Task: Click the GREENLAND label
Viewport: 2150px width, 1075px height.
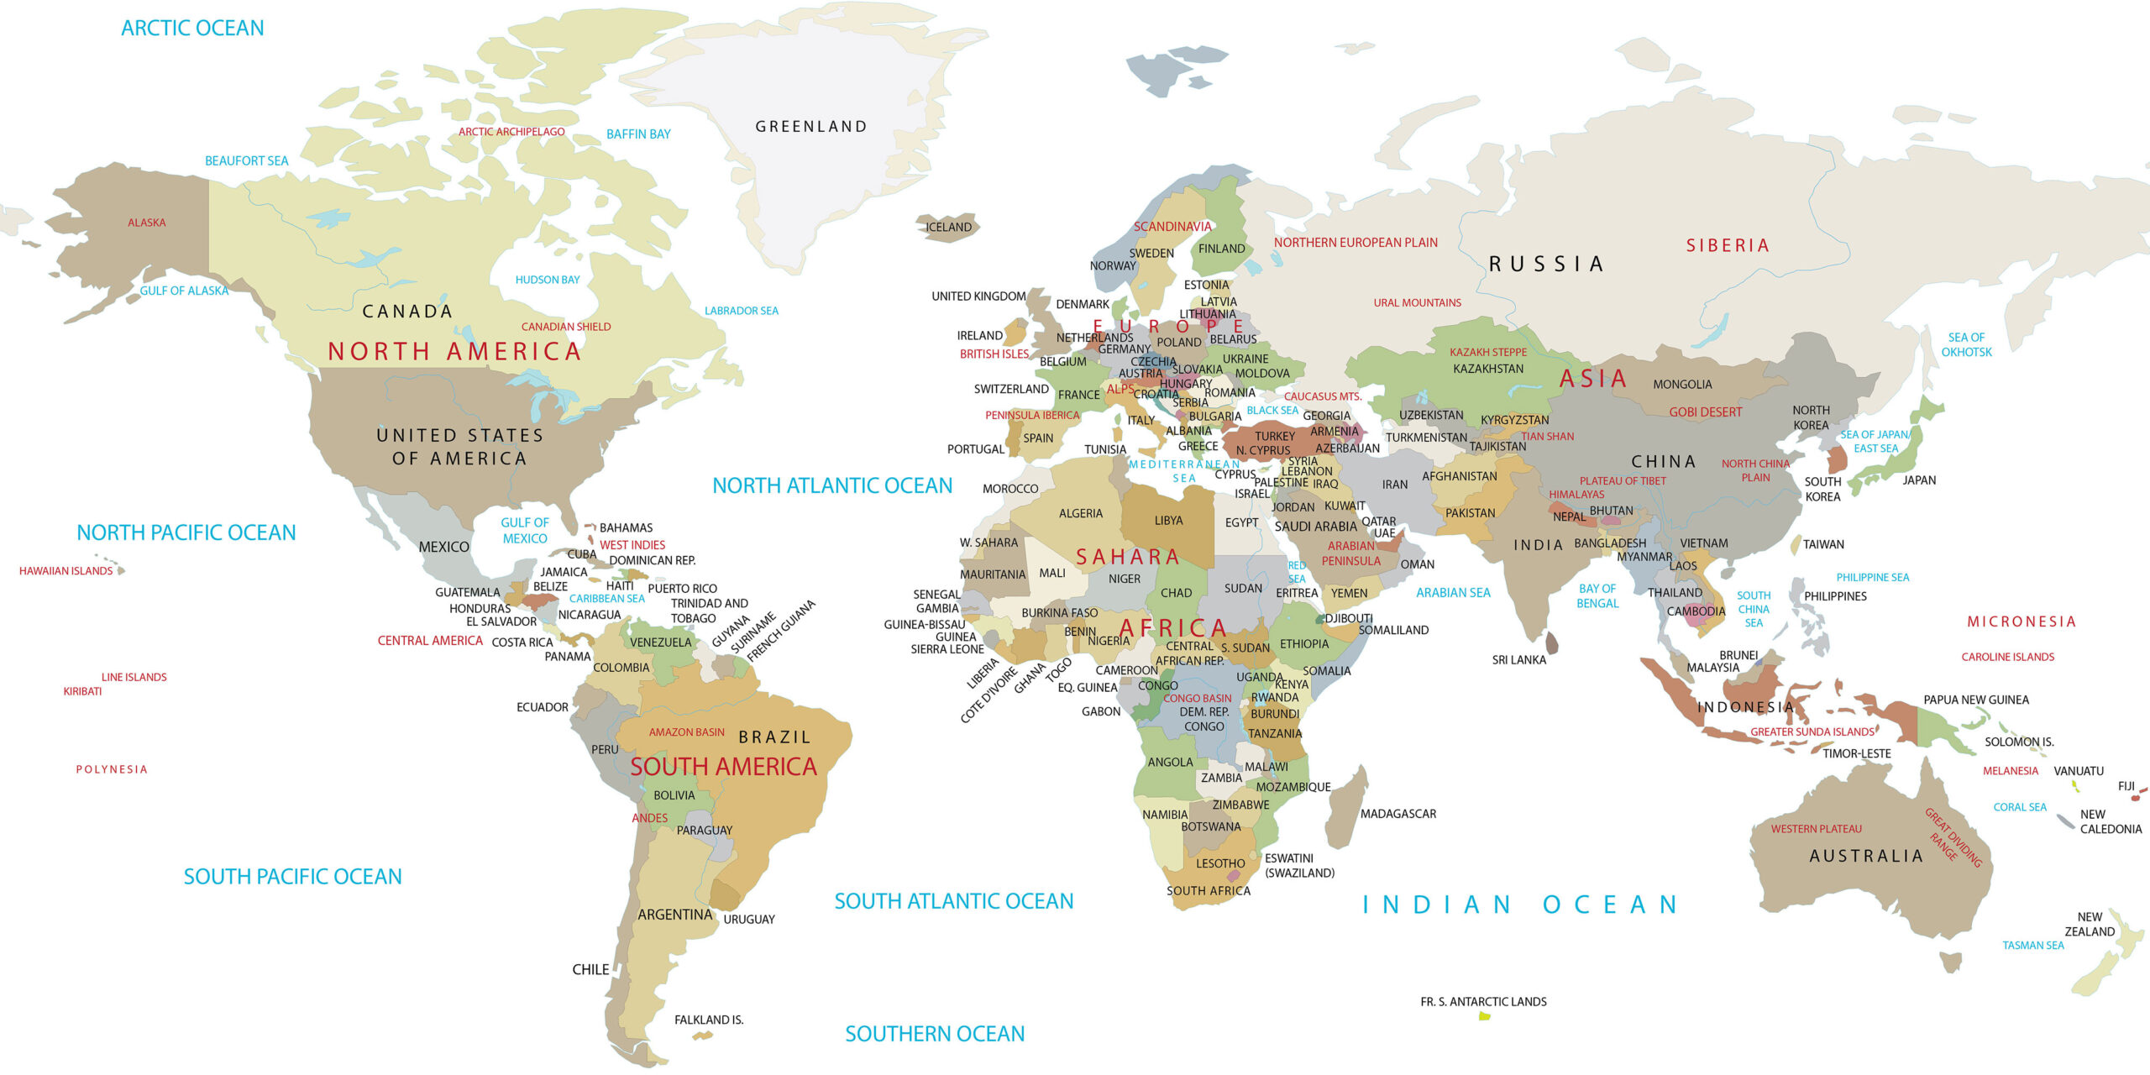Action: pos(810,127)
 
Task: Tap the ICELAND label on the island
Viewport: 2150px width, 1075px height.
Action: pos(948,228)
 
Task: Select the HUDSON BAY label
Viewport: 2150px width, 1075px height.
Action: pos(548,280)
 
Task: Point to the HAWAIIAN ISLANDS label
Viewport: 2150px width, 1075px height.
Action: pos(66,571)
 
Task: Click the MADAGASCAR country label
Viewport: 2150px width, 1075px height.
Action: pos(1397,814)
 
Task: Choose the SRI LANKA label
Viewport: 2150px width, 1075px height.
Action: pos(1518,660)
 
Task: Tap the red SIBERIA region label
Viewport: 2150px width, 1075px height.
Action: pos(1728,245)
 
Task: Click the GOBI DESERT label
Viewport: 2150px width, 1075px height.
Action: pos(1705,412)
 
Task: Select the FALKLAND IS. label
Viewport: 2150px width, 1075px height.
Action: pos(709,1020)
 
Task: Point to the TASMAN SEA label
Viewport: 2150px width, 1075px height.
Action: pos(2032,946)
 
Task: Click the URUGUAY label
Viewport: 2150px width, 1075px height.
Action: pos(749,920)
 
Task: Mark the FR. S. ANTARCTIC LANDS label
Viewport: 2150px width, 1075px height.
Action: pos(1483,1002)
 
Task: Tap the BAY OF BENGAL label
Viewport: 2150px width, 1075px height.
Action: pos(1597,596)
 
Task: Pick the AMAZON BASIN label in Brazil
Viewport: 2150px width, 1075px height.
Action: pos(686,732)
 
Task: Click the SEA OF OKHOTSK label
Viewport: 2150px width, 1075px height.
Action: pos(1966,344)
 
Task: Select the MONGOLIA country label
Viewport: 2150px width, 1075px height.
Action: pos(1682,385)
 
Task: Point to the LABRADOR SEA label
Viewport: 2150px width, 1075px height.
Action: pos(741,311)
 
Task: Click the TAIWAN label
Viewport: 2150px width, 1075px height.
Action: pos(1823,544)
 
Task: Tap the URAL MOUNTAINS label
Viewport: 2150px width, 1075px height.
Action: pos(1417,303)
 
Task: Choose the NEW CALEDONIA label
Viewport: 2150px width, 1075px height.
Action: pos(2110,821)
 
